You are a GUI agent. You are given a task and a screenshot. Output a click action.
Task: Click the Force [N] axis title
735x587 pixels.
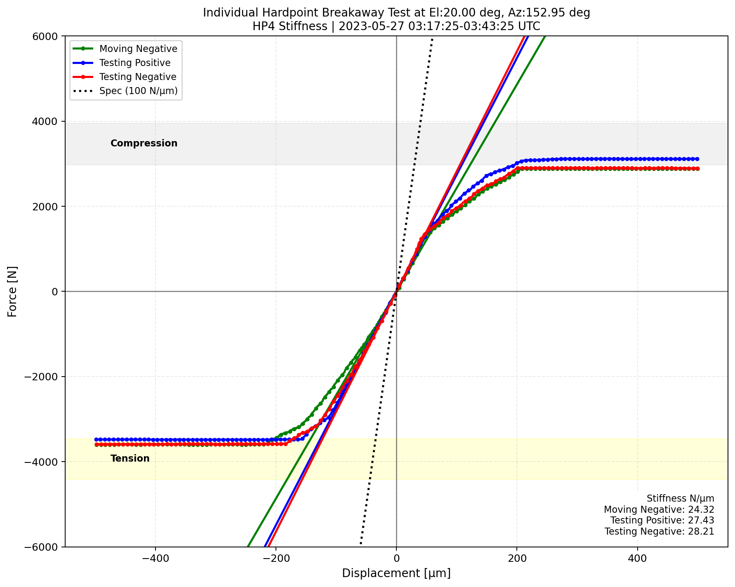13,291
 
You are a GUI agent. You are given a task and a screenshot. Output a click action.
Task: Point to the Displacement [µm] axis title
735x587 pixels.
396,573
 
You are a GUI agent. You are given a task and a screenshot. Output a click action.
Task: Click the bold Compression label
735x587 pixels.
144,144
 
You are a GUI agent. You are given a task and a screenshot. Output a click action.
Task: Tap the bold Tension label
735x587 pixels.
130,459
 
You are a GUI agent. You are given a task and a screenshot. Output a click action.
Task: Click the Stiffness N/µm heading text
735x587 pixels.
680,499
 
